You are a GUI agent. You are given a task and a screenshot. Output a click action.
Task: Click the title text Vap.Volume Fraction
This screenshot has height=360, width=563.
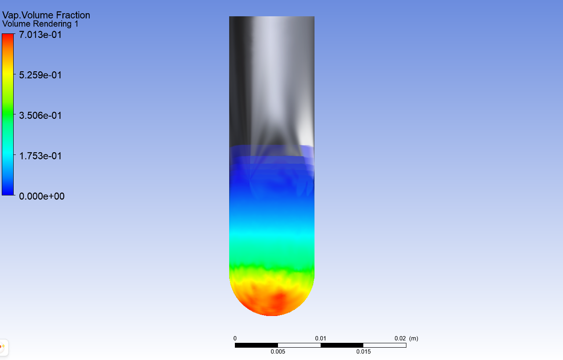(46, 15)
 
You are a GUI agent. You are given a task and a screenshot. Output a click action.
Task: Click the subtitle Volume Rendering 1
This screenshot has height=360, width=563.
(40, 24)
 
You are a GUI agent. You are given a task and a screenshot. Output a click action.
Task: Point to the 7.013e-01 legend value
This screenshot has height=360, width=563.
(40, 35)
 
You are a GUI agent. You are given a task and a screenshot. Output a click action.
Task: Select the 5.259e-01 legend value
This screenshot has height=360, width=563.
(40, 75)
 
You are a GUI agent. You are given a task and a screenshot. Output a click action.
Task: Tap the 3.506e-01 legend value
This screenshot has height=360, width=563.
(40, 115)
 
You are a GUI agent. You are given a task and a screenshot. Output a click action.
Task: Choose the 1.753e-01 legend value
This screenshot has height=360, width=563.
(40, 156)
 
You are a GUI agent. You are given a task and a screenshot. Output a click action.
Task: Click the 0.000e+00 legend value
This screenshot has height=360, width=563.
(42, 196)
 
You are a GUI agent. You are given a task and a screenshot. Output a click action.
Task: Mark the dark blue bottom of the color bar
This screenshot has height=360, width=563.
(8, 192)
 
